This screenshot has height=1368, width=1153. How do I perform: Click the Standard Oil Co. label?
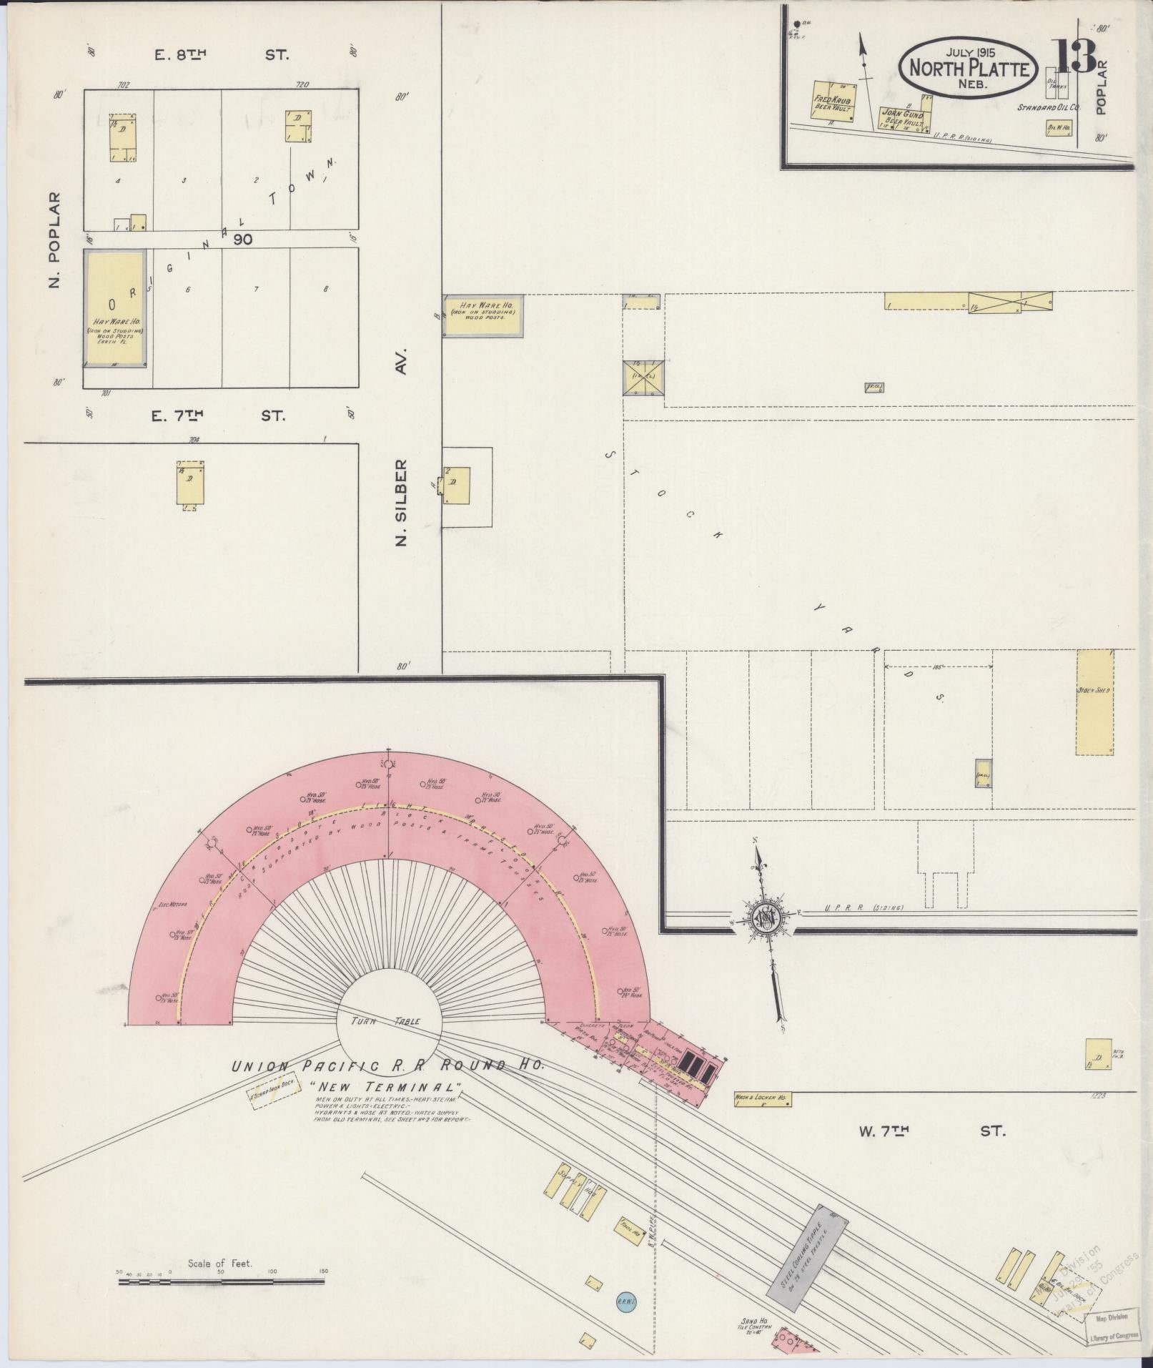point(1049,107)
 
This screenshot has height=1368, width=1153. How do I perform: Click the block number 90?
point(243,240)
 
